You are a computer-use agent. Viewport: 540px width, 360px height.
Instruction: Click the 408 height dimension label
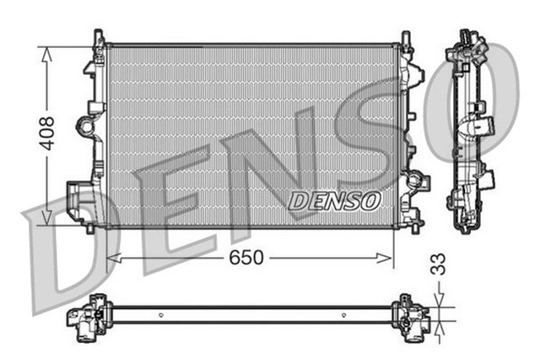pos(48,132)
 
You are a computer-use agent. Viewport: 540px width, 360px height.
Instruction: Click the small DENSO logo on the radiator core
pos(334,201)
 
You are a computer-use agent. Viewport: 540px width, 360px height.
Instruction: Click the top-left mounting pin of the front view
pos(99,38)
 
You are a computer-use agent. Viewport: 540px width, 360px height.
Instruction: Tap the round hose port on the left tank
pos(86,126)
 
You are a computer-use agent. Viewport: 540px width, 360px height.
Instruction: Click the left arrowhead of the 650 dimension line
pos(112,259)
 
